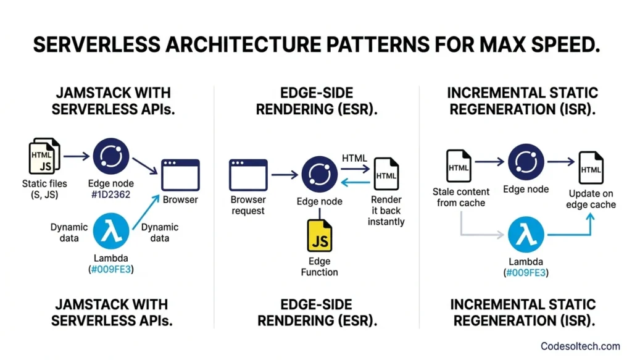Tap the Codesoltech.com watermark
580,346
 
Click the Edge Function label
319,266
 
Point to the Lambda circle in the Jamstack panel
112,233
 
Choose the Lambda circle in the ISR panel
526,235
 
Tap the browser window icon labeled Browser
180,175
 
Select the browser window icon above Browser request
247,175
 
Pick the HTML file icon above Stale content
459,165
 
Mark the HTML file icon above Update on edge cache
591,167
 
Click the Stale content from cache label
460,197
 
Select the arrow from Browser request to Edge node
285,175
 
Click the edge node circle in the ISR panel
526,162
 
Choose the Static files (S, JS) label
44,188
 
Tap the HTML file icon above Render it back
386,174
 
